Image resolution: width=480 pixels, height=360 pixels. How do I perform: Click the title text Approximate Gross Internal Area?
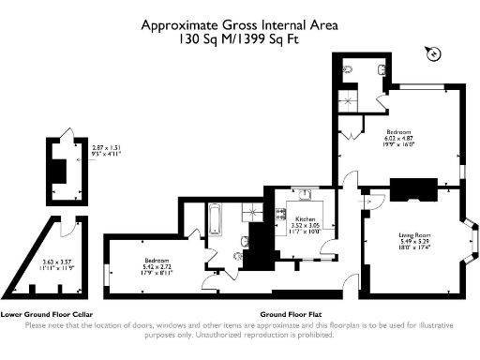[240, 26]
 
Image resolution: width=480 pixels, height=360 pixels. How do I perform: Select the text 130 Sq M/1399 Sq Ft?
[240, 41]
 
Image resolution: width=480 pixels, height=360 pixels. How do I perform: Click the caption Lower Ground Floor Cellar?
[45, 315]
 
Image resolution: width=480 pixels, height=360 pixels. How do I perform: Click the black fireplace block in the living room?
[411, 191]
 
